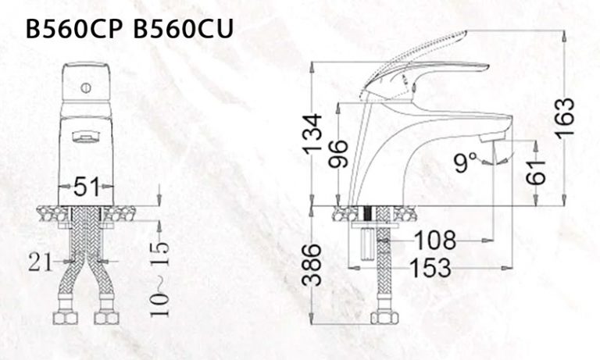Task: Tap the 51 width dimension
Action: click(86, 187)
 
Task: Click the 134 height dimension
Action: click(312, 134)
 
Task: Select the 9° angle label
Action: click(465, 162)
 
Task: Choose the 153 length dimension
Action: click(429, 268)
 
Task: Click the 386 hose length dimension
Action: click(312, 263)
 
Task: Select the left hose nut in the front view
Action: click(65, 317)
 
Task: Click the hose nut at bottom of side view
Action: click(382, 317)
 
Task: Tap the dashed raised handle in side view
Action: click(414, 49)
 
